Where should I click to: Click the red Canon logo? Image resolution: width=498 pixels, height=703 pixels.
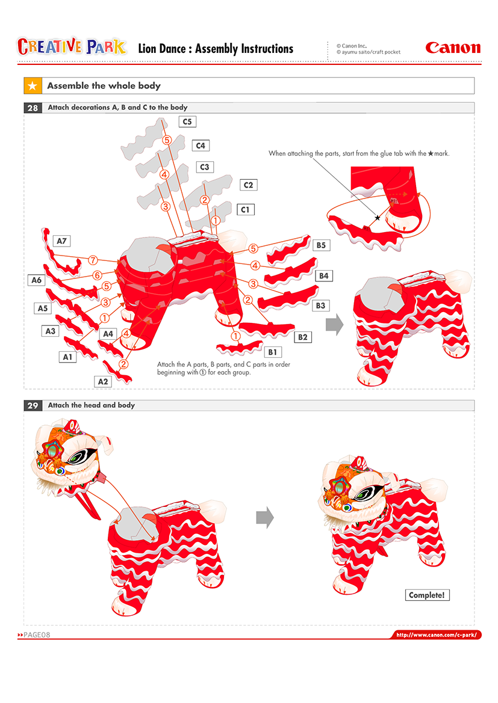coord(453,48)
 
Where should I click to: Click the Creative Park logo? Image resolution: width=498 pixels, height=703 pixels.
coord(72,46)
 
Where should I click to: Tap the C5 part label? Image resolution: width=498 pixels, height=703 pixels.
coord(187,121)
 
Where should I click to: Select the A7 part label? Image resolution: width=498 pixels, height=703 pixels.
coord(61,241)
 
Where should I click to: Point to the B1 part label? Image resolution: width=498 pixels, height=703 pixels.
coord(273,352)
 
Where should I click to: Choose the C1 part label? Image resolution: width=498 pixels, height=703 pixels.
coord(245,209)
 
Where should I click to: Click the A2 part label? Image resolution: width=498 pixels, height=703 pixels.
coord(103,381)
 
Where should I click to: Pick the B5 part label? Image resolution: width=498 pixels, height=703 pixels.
coord(321,245)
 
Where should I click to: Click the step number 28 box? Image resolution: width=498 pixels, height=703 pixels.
coord(33,108)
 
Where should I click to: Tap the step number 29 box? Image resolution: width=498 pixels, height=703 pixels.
coord(33,405)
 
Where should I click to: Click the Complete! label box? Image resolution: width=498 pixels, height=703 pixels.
coord(427,595)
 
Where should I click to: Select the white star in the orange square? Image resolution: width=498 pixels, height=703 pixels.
coord(33,85)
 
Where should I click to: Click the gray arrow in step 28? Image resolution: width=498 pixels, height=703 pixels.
coord(335,324)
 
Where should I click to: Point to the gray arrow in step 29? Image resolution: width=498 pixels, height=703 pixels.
coord(265,517)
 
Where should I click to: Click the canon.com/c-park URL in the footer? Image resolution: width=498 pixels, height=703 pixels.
coord(437,635)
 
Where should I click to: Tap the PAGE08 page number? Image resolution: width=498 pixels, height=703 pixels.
coord(34,635)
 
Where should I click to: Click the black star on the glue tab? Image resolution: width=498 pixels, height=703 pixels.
coord(377,218)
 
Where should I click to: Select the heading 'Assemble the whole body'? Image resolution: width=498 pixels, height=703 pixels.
coord(104,85)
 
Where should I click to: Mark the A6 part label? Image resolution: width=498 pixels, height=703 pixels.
coord(36,280)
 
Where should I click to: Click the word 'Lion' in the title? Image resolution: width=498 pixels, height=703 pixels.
coord(149,49)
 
